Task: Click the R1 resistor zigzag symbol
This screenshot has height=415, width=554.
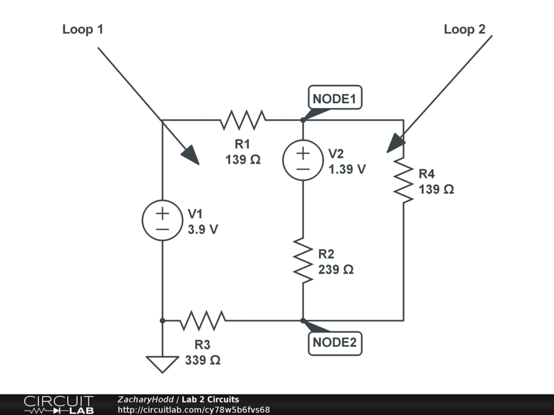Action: pos(243,120)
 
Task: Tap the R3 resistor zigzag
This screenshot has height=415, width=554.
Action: pos(202,320)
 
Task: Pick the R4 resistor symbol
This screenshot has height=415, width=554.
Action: pos(404,180)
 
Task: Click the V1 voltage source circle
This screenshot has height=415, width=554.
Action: pos(162,220)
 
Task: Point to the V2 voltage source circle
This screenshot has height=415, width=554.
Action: pos(303,160)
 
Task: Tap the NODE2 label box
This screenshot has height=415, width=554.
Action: pos(335,343)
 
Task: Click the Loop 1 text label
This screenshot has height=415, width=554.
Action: pos(83,29)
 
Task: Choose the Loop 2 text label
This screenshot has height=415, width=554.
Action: pos(465,29)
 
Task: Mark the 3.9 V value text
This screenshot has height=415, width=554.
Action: pos(203,229)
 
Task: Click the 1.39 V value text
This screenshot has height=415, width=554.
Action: pos(347,169)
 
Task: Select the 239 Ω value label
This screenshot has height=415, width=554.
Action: pos(336,269)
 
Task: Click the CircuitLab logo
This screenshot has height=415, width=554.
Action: pos(58,405)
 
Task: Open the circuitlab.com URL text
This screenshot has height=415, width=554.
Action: pos(194,410)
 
